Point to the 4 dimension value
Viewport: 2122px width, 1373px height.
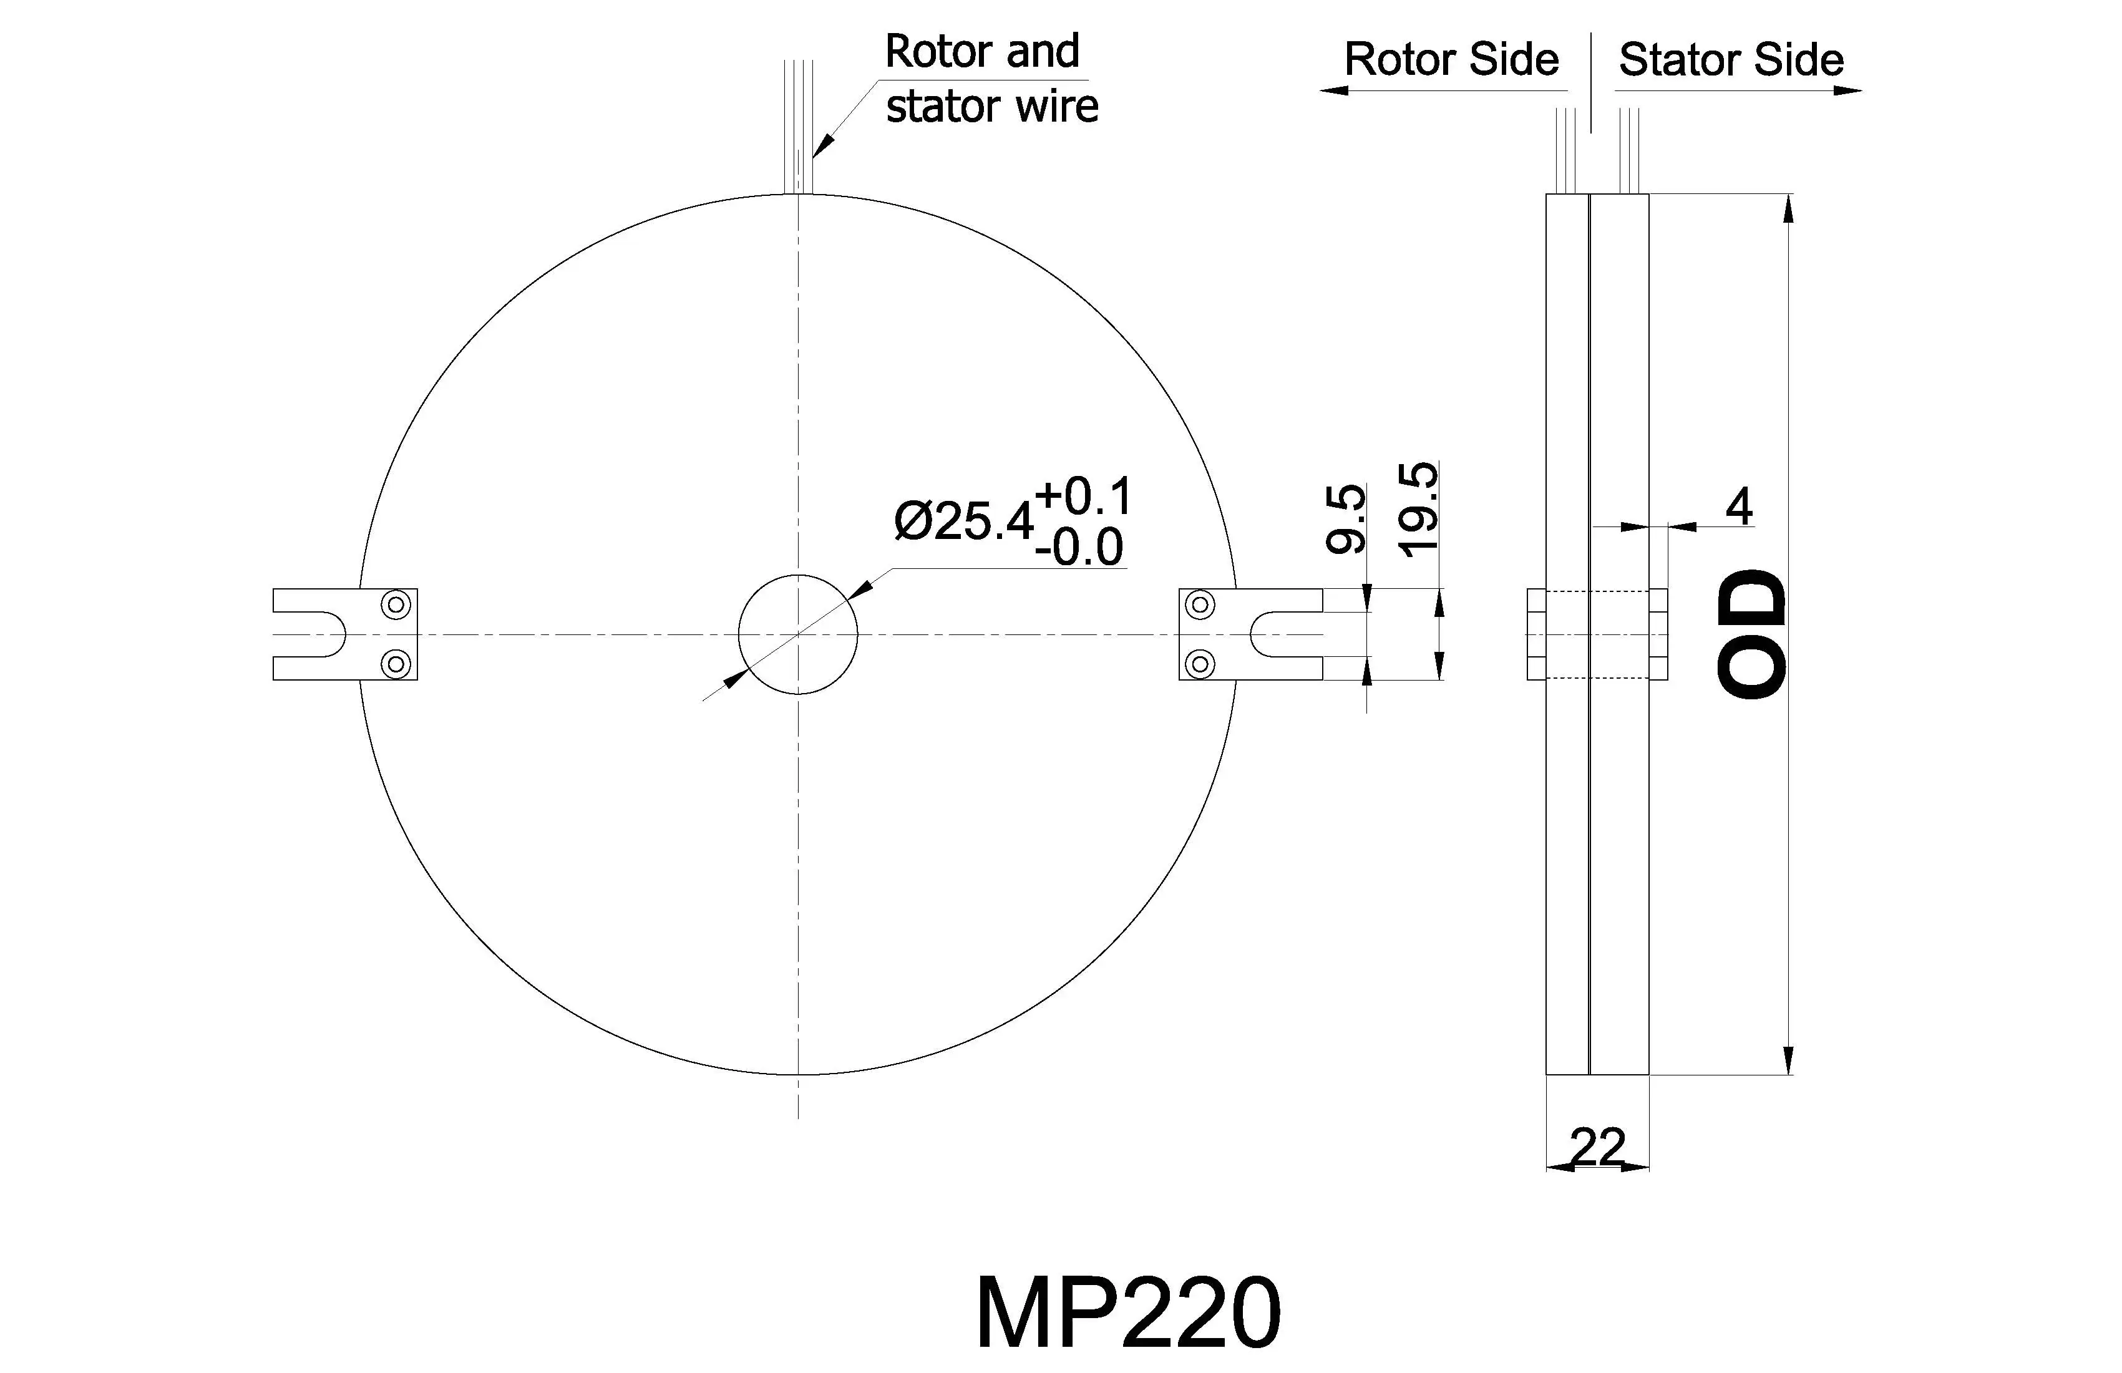click(x=1739, y=507)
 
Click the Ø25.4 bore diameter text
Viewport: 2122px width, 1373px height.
click(x=963, y=521)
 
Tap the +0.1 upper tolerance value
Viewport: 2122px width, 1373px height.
click(x=1083, y=497)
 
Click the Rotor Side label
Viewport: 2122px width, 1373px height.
click(x=1451, y=60)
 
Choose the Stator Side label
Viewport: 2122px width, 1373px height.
click(x=1731, y=60)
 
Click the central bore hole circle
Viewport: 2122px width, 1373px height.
click(x=798, y=634)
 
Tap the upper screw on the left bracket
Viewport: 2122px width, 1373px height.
click(x=396, y=605)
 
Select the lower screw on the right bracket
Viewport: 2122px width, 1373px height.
click(x=1201, y=663)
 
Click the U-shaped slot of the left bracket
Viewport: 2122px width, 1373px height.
click(x=321, y=634)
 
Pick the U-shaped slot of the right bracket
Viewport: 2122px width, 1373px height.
click(x=1275, y=634)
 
